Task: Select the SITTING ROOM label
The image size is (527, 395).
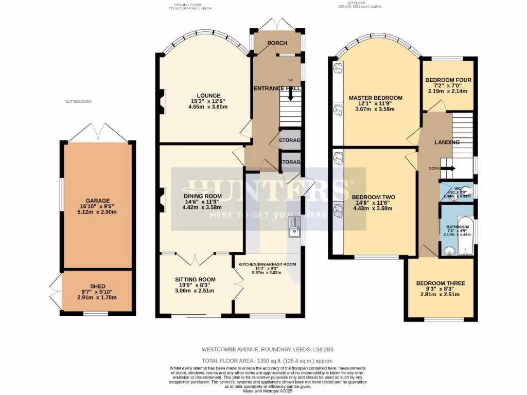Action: point(195,280)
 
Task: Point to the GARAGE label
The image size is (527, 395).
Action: point(98,201)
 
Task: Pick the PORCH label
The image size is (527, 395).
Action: point(276,43)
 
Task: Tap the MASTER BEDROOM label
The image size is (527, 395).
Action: point(375,98)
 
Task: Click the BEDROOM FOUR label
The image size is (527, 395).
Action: point(448,80)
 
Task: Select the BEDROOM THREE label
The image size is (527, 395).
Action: point(441,283)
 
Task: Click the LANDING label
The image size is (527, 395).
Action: point(447,142)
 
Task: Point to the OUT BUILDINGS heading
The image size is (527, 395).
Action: point(78,102)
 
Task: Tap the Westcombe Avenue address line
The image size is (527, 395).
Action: point(263,350)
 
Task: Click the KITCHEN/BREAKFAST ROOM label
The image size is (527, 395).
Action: point(267,264)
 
